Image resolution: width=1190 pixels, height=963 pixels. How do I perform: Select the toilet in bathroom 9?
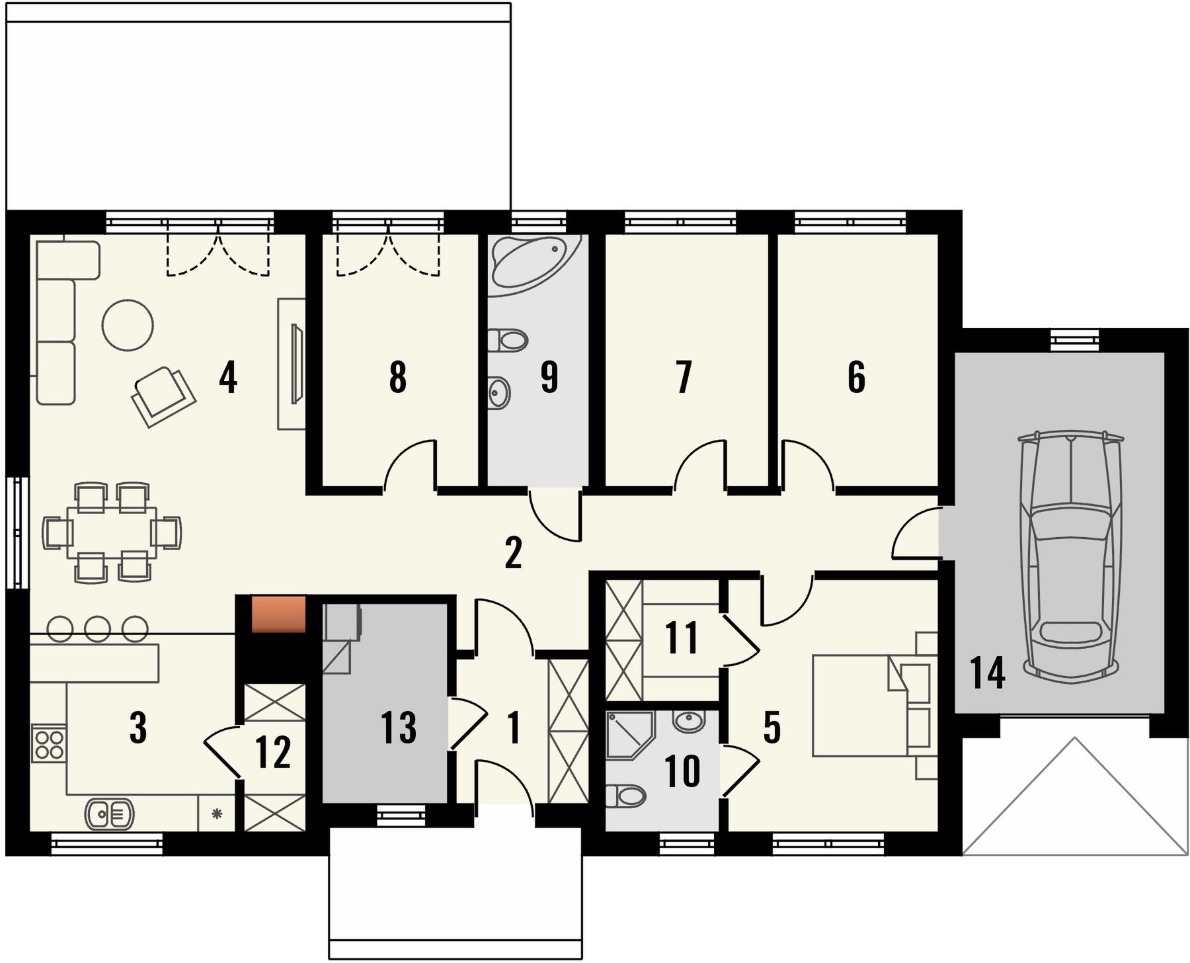point(508,340)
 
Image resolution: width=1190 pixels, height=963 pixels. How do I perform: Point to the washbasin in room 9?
point(499,394)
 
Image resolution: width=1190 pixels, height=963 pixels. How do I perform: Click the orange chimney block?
point(278,614)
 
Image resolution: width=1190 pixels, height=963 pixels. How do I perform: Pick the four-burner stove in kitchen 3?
point(49,744)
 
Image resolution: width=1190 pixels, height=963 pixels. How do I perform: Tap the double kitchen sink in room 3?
point(109,814)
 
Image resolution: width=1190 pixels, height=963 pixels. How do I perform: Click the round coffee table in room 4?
point(128,325)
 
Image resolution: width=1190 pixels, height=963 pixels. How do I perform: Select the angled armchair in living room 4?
point(163,396)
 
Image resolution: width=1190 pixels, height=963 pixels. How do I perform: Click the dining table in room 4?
point(112,532)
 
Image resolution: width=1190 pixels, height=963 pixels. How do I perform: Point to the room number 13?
point(398,728)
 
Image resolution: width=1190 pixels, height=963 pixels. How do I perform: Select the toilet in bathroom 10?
point(625,795)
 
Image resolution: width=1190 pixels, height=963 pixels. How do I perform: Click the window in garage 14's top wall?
point(1074,340)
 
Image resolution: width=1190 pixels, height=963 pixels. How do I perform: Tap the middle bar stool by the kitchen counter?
point(98,628)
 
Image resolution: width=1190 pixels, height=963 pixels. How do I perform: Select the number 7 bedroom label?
point(684,377)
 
